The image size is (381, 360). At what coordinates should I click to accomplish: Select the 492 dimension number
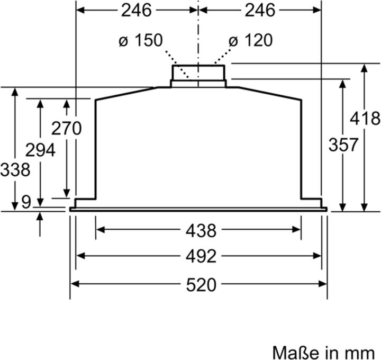pyautogui.click(x=201, y=256)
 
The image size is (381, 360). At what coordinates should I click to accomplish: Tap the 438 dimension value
pyautogui.click(x=201, y=230)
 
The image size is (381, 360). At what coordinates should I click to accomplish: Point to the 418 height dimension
pyautogui.click(x=365, y=119)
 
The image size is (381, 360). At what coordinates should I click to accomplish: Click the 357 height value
pyautogui.click(x=343, y=144)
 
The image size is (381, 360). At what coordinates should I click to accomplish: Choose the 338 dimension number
pyautogui.click(x=15, y=170)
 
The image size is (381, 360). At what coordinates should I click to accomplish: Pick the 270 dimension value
pyautogui.click(x=66, y=128)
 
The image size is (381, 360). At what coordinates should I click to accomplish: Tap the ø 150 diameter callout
pyautogui.click(x=141, y=41)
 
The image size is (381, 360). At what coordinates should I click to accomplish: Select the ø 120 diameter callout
pyautogui.click(x=251, y=41)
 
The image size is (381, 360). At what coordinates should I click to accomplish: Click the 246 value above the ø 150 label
pyautogui.click(x=136, y=10)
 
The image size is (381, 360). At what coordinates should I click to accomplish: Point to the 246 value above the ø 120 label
pyautogui.click(x=260, y=10)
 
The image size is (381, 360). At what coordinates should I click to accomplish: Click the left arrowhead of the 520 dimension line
pyautogui.click(x=74, y=284)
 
